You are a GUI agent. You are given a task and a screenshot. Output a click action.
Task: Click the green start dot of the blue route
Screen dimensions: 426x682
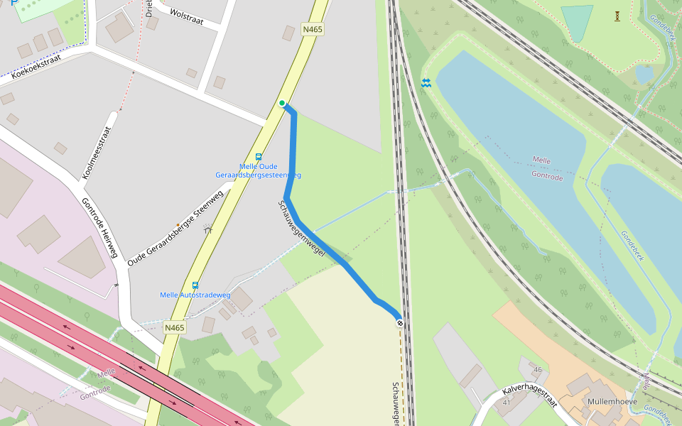(282, 104)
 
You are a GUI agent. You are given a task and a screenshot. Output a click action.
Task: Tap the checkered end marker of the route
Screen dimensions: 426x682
(400, 324)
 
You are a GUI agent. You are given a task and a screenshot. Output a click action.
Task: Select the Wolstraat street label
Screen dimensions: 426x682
(187, 16)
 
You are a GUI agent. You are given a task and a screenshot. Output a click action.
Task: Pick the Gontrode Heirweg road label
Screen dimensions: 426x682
(99, 227)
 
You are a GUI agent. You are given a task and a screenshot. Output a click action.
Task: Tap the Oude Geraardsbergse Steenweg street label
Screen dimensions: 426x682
(175, 224)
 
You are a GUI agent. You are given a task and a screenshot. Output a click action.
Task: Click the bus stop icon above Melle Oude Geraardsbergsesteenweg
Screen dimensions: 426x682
(259, 157)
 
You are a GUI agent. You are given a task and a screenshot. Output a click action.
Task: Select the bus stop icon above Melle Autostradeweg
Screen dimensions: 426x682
(195, 285)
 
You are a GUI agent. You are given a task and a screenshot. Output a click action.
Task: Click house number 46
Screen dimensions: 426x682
(537, 370)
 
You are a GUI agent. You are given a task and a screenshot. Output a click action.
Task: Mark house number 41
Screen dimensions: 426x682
(507, 403)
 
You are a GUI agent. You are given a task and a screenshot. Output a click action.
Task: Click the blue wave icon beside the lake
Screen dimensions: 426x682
(426, 83)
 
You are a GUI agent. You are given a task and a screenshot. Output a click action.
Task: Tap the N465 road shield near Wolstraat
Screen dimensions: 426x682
(312, 29)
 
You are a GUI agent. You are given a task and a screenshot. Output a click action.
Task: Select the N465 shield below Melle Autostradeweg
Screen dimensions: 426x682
(174, 327)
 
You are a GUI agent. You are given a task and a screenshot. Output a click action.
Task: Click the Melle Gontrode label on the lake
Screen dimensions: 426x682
(546, 169)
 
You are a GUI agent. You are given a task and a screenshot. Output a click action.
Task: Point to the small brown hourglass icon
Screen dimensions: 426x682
(617, 15)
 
